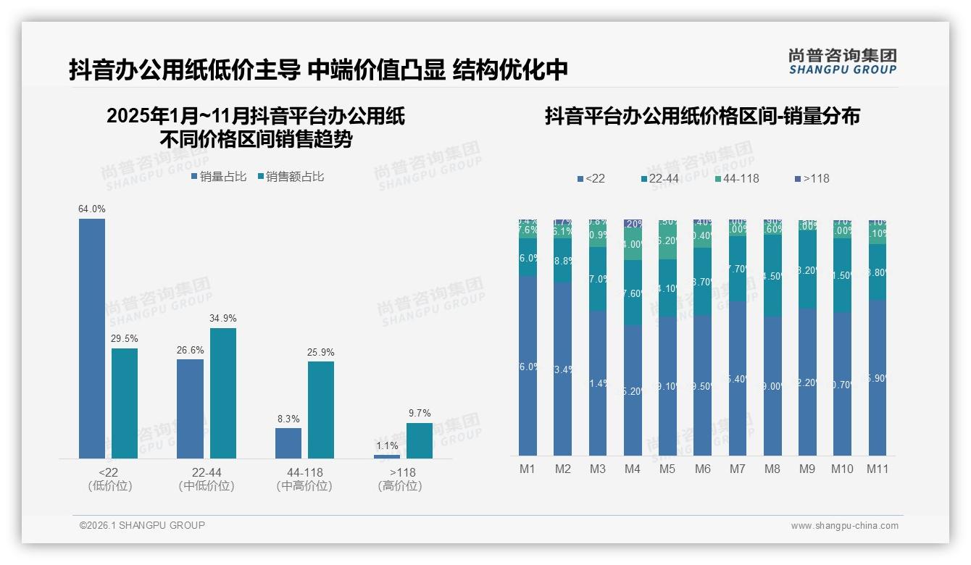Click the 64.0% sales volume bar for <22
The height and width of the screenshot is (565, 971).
92,338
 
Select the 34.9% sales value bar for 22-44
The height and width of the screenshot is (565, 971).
223,393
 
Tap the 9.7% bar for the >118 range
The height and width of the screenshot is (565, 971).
419,440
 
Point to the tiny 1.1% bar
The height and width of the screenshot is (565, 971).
387,456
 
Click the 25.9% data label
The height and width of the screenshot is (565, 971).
321,353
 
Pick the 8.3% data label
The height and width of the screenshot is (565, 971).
288,419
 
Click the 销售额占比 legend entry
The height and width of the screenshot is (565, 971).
290,177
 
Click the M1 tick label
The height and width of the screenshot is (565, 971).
528,469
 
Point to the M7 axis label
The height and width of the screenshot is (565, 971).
737,469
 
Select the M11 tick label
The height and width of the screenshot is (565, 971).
878,469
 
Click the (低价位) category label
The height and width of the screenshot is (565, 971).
109,486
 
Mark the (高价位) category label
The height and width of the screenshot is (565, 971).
400,486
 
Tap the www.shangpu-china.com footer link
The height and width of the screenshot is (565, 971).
844,526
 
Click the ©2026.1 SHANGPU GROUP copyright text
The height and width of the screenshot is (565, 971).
142,525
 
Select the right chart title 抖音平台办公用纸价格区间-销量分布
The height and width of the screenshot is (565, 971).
701,117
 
